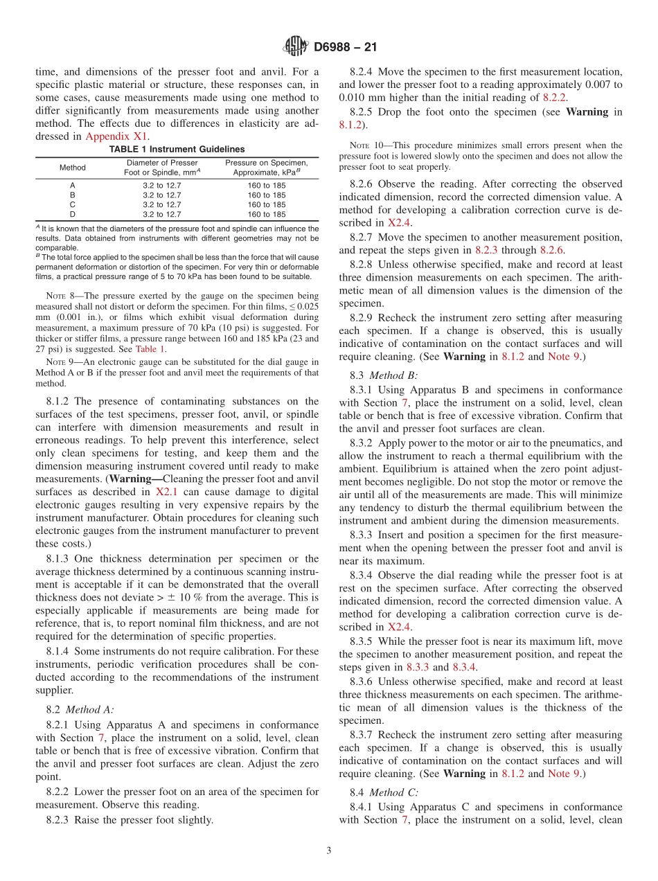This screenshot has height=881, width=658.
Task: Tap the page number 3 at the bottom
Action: click(x=329, y=851)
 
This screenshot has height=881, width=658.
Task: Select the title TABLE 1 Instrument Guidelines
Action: click(x=177, y=149)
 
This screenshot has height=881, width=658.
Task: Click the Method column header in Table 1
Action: click(x=73, y=168)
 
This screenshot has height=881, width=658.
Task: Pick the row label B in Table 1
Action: click(x=73, y=195)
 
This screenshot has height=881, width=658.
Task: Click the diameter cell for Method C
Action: click(x=161, y=205)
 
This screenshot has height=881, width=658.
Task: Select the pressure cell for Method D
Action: click(x=266, y=215)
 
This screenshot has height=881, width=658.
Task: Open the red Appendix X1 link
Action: click(x=109, y=137)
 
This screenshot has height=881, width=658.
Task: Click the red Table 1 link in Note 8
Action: click(x=150, y=349)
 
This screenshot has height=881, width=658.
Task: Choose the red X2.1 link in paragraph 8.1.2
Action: click(x=167, y=491)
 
